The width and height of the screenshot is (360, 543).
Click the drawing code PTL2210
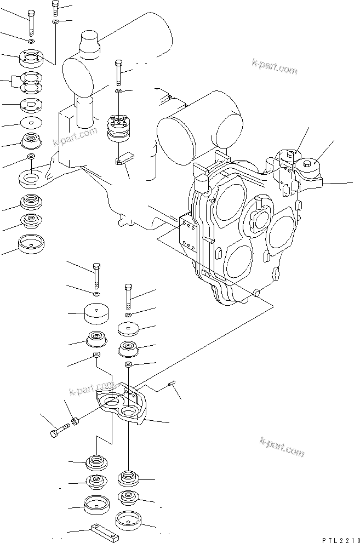click(x=341, y=540)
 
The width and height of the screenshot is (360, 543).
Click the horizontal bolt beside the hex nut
click(x=60, y=431)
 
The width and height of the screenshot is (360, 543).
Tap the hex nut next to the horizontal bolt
click(x=75, y=422)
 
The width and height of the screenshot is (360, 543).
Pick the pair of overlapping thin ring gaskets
click(x=31, y=83)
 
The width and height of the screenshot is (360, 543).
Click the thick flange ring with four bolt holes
click(x=31, y=59)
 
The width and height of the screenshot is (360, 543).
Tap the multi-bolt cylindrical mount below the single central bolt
click(x=118, y=128)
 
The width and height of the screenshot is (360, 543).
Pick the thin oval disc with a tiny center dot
click(x=31, y=122)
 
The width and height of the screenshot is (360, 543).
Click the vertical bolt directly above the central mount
click(x=118, y=72)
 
